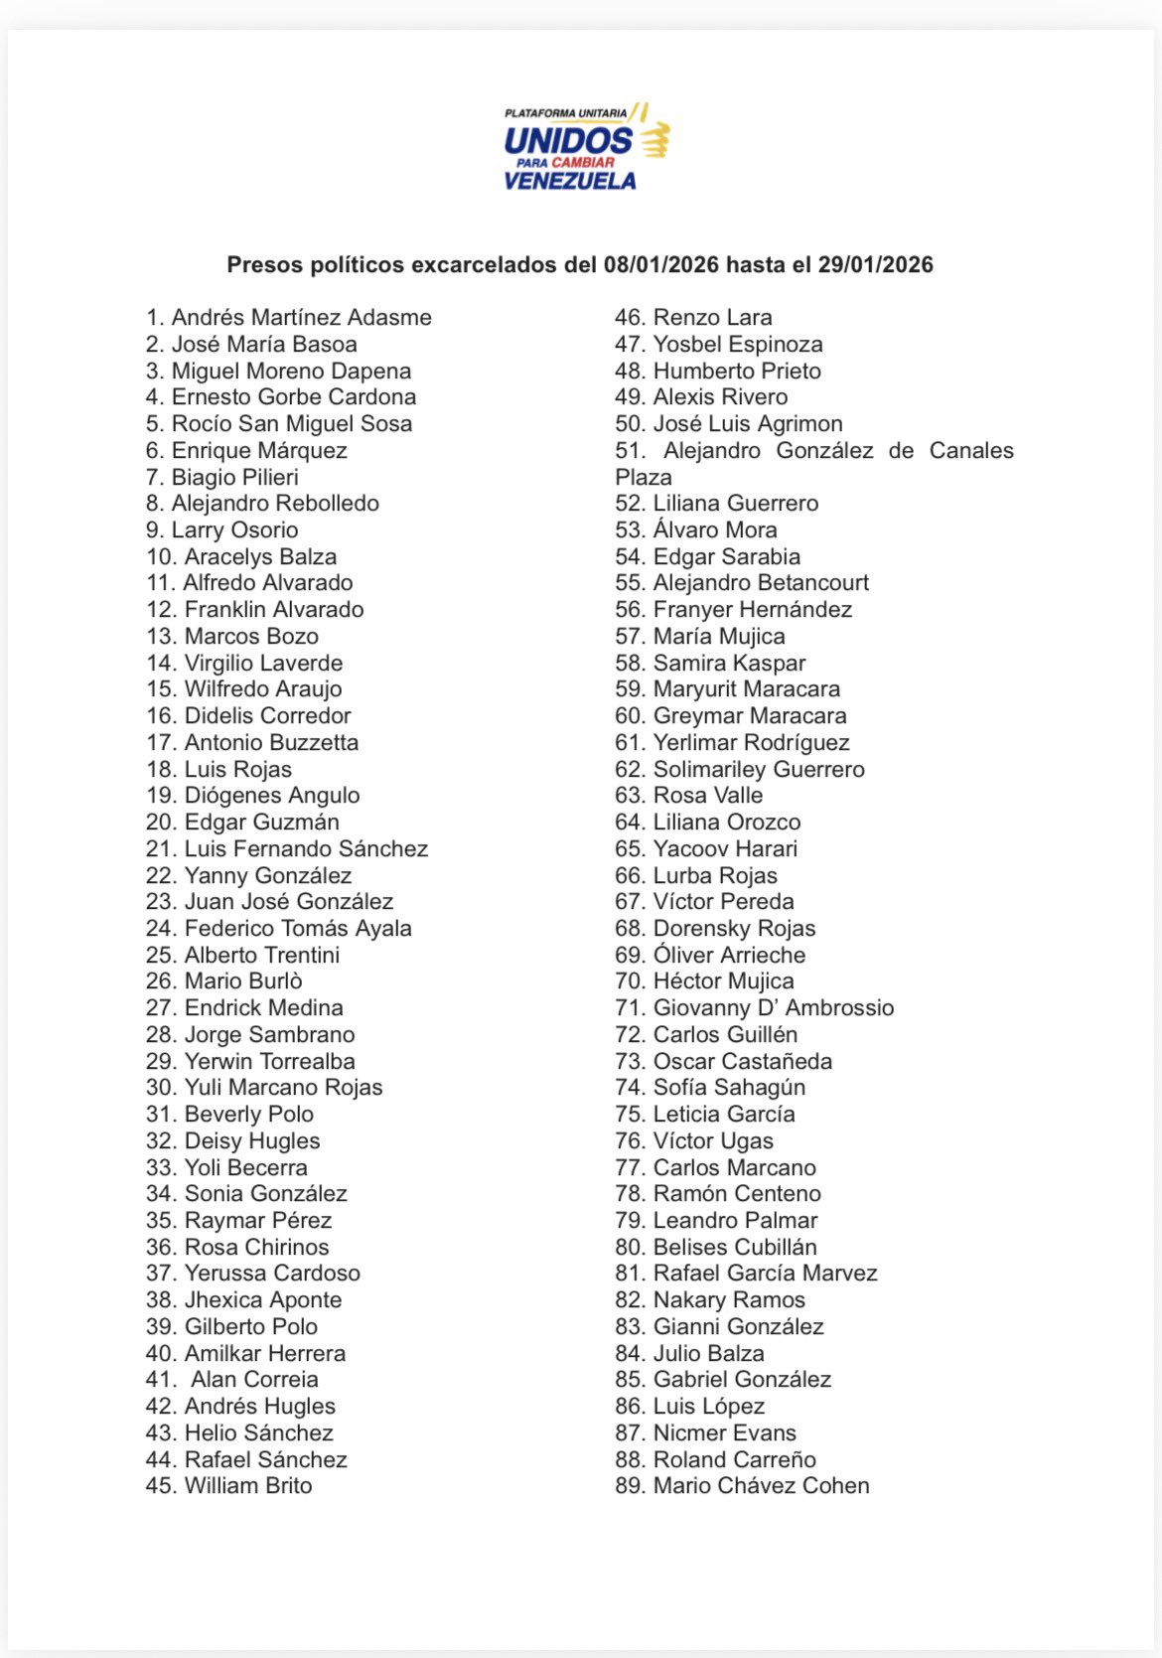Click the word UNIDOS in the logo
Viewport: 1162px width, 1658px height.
point(567,140)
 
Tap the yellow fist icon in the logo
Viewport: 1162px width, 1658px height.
point(655,140)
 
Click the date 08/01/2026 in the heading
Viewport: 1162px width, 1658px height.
point(660,265)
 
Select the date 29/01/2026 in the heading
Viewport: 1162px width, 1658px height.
point(875,265)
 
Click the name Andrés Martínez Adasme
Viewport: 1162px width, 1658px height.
point(301,318)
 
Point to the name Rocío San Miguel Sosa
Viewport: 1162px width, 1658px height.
point(291,424)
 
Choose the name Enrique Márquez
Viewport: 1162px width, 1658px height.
point(259,451)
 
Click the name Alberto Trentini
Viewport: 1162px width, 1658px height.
point(262,956)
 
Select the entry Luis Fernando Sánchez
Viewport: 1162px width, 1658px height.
point(306,849)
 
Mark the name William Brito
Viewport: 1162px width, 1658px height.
point(248,1486)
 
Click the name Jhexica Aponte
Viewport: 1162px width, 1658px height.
point(263,1300)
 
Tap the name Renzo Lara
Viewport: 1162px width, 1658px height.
point(712,318)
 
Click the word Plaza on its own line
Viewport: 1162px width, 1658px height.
point(644,478)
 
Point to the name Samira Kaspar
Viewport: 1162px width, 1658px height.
point(729,664)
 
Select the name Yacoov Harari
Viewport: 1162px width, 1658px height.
point(725,849)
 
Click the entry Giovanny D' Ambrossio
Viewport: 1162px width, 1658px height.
point(774,1008)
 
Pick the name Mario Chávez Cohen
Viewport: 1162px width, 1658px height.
point(761,1486)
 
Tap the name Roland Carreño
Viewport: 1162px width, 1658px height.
point(734,1460)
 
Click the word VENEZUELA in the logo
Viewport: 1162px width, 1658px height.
point(570,181)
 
